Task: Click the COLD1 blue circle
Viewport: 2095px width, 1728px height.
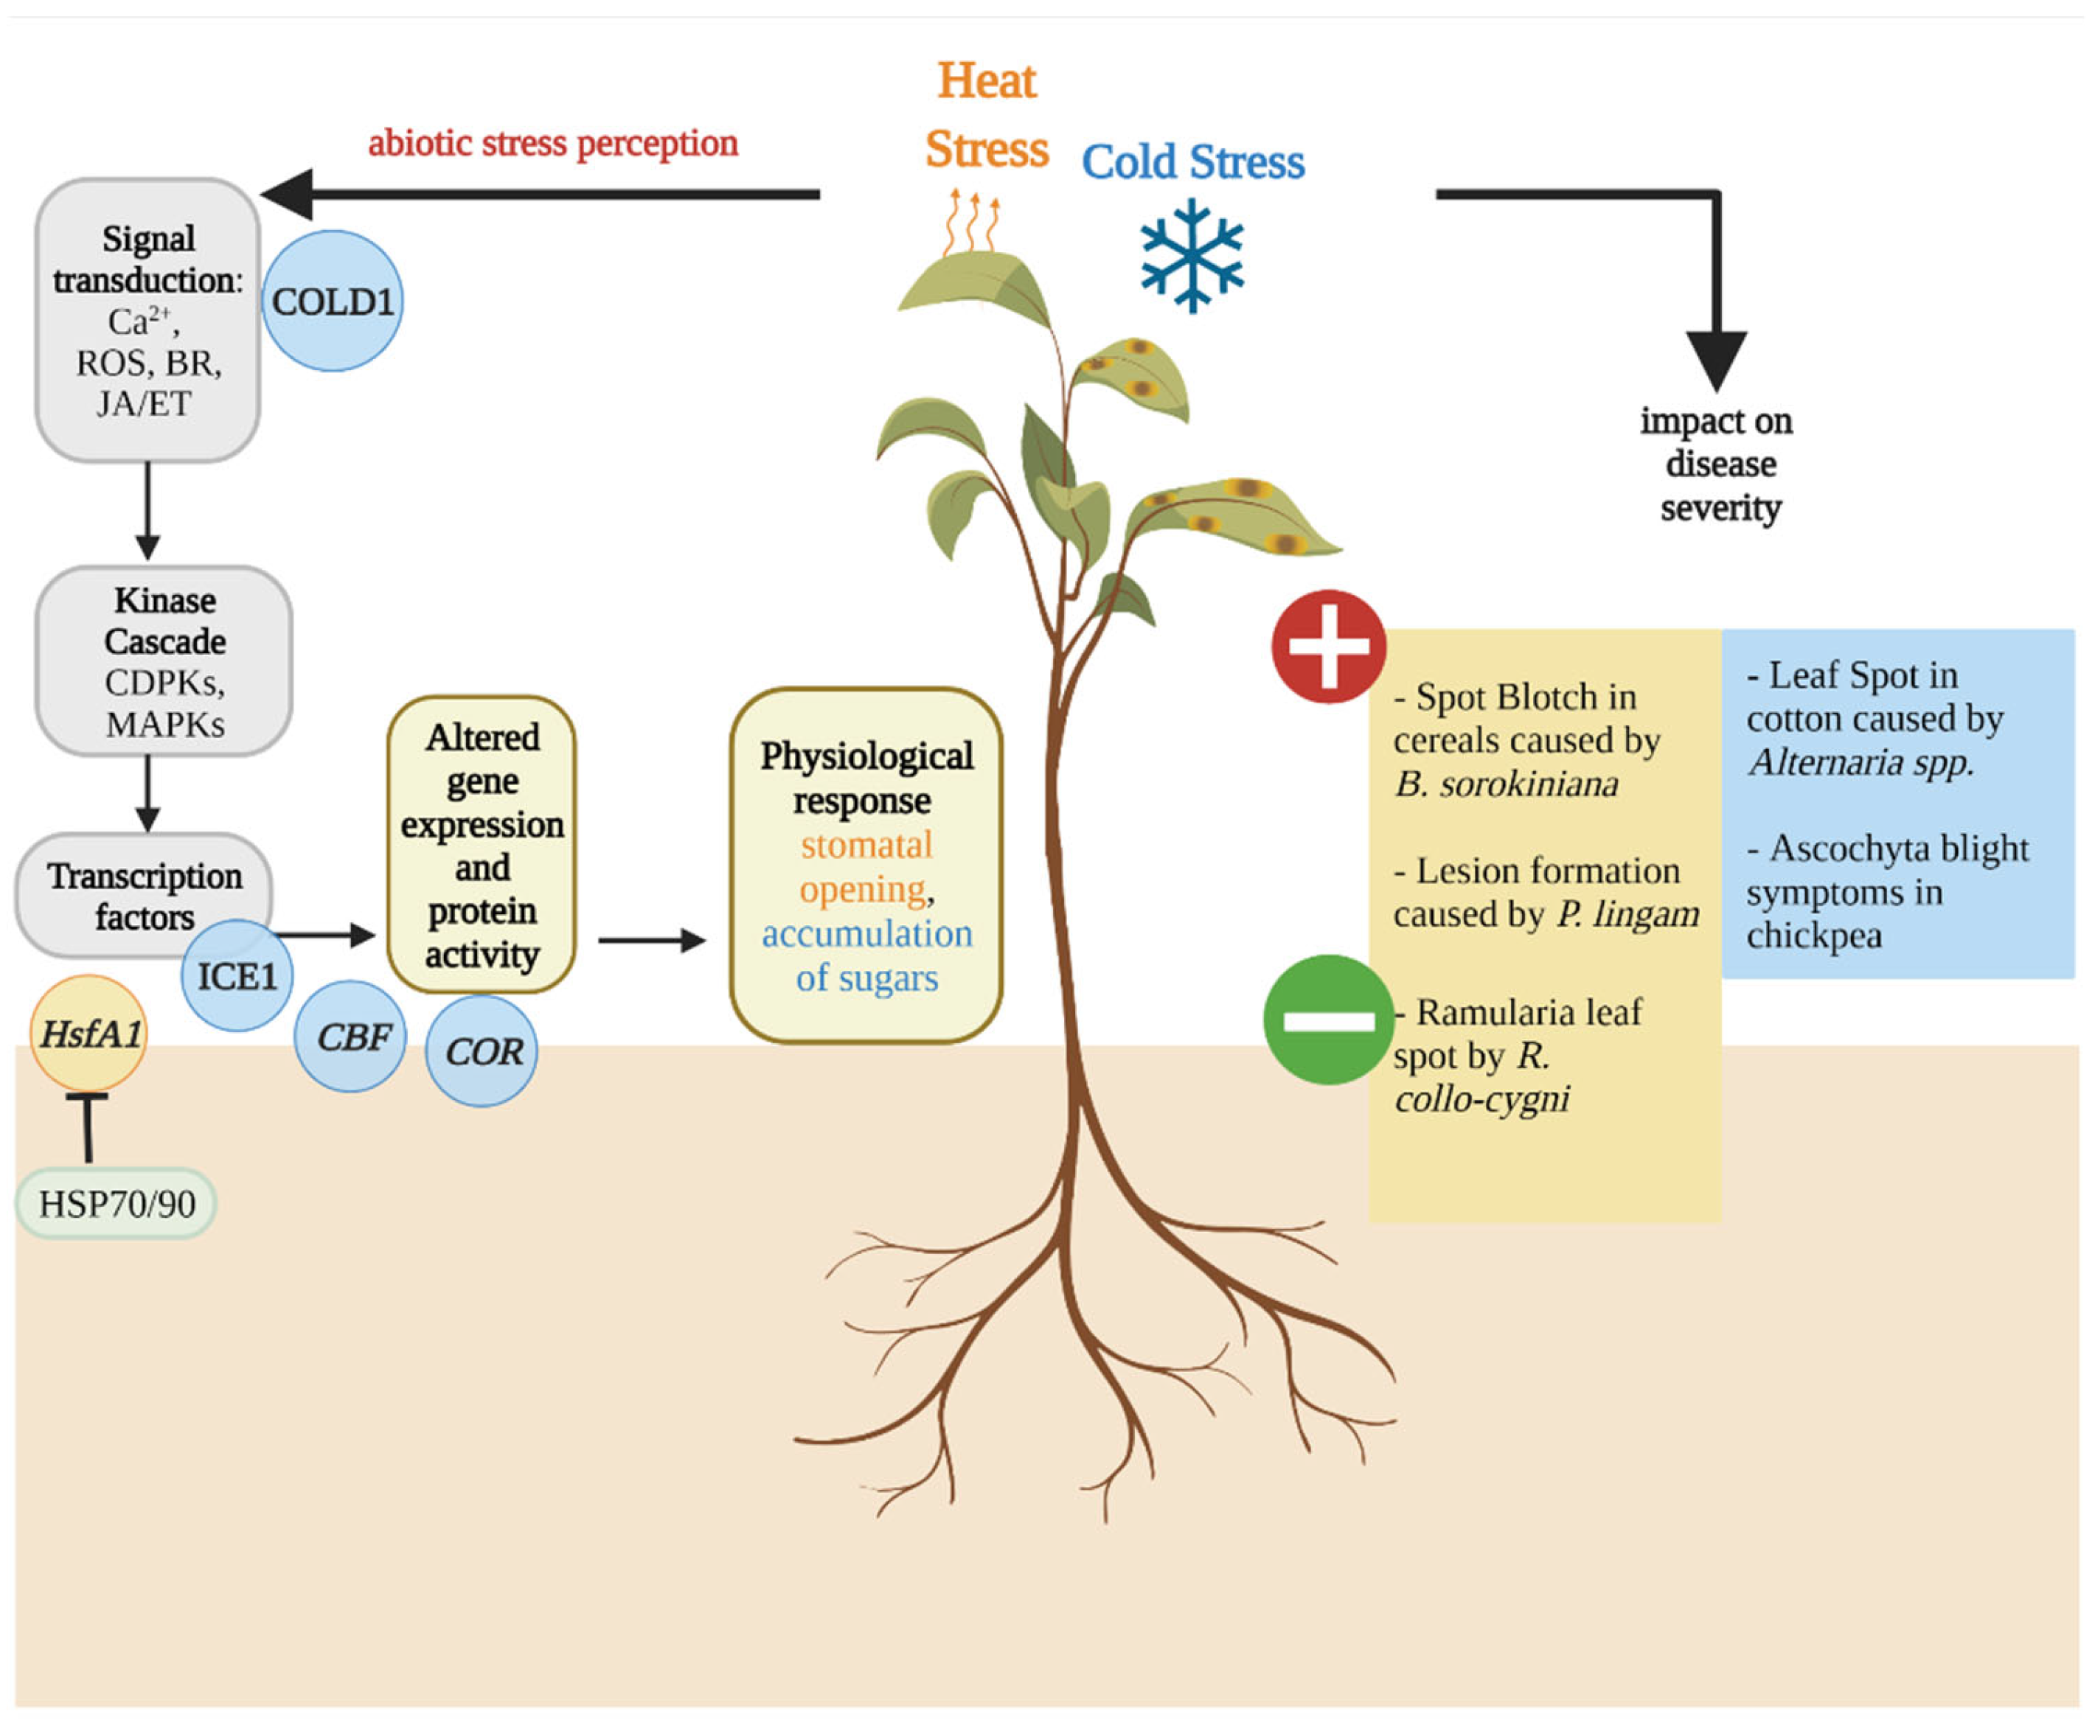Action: point(333,301)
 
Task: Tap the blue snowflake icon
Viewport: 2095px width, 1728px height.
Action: point(1192,255)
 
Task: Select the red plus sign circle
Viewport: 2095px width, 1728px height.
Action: point(1328,646)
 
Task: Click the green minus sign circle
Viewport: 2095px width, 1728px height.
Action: point(1328,1020)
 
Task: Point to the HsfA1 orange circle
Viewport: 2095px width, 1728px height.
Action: point(88,1034)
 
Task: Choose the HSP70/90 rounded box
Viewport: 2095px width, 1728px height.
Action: point(117,1203)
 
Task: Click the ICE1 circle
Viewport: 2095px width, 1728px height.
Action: point(236,975)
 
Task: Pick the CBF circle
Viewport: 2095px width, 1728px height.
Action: point(350,1037)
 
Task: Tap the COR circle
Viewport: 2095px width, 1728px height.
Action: point(482,1051)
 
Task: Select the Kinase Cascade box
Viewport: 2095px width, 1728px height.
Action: point(164,661)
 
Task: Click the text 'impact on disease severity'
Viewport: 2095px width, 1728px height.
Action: point(1717,464)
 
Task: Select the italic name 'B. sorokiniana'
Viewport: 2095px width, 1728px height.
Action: point(1506,784)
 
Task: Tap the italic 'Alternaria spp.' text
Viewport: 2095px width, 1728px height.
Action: point(1860,762)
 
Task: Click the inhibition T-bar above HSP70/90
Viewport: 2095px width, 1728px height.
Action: point(88,1125)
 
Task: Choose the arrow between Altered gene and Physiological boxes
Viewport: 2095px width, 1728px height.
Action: point(651,940)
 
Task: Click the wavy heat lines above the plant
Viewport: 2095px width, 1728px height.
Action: point(972,223)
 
